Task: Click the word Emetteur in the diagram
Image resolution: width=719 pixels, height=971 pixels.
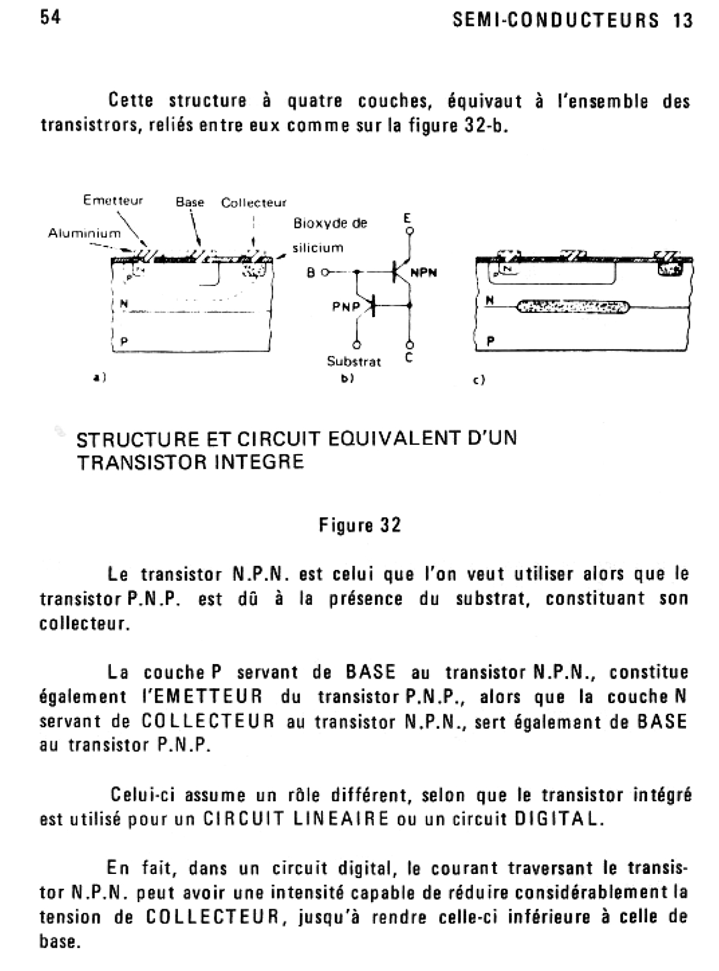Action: [x=113, y=201]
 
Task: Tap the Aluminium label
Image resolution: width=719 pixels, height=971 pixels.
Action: [x=84, y=233]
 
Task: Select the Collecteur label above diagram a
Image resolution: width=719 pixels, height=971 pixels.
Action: [x=254, y=203]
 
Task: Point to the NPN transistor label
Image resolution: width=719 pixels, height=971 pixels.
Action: [x=424, y=273]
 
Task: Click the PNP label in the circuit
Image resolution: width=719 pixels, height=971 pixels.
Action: [x=346, y=307]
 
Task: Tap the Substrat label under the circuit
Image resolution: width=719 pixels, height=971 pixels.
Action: [x=354, y=361]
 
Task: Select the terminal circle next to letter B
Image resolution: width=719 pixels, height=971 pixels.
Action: [x=325, y=273]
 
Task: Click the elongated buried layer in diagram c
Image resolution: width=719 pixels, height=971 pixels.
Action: [x=569, y=307]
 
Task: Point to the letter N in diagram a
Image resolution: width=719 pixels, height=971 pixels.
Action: [x=123, y=303]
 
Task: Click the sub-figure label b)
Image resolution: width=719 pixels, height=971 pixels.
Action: [x=347, y=378]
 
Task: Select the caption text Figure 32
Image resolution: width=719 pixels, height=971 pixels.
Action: [x=359, y=525]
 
